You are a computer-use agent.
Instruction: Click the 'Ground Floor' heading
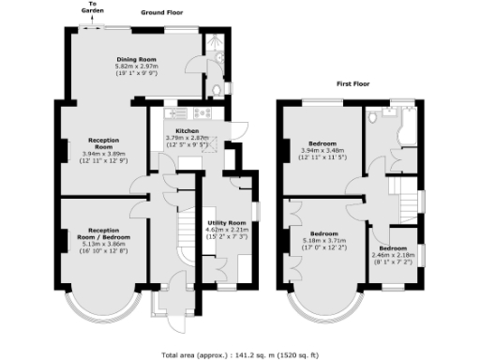pos(162,14)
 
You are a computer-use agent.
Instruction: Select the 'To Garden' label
pos(93,8)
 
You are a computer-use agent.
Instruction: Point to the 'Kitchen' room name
pos(185,131)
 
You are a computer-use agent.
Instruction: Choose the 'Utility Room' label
pos(225,223)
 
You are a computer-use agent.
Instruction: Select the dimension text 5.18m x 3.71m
pos(323,240)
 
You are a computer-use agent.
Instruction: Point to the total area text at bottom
pos(239,354)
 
